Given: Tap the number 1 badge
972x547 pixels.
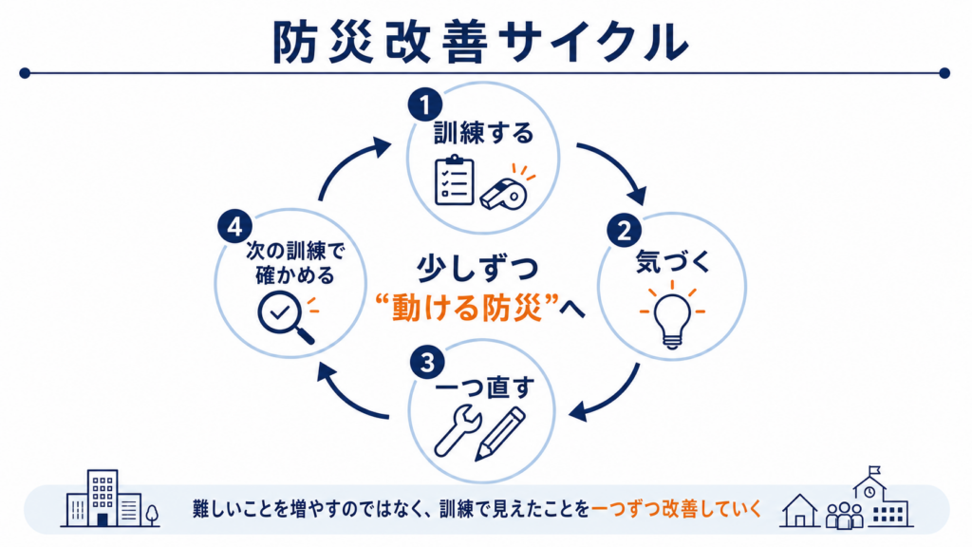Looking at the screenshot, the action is pyautogui.click(x=424, y=104).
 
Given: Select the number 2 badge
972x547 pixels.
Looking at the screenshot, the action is pyautogui.click(x=624, y=232).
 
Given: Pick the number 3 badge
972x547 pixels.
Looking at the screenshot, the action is pyautogui.click(x=427, y=363).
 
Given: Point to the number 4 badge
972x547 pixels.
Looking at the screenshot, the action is pyautogui.click(x=235, y=227).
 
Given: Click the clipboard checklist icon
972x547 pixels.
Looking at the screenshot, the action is pyautogui.click(x=455, y=179).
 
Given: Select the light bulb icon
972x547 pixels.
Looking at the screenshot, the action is pyautogui.click(x=672, y=314).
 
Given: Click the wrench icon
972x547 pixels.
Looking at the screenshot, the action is pyautogui.click(x=457, y=431).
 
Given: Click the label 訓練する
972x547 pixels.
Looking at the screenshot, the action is pyautogui.click(x=483, y=133).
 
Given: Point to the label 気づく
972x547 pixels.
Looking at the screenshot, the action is pyautogui.click(x=673, y=261).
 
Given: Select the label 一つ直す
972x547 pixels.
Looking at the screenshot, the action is pyautogui.click(x=485, y=388).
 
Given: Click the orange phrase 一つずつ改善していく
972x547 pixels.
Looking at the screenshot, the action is pyautogui.click(x=676, y=509).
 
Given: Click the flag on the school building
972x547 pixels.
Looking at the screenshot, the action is pyautogui.click(x=874, y=470).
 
